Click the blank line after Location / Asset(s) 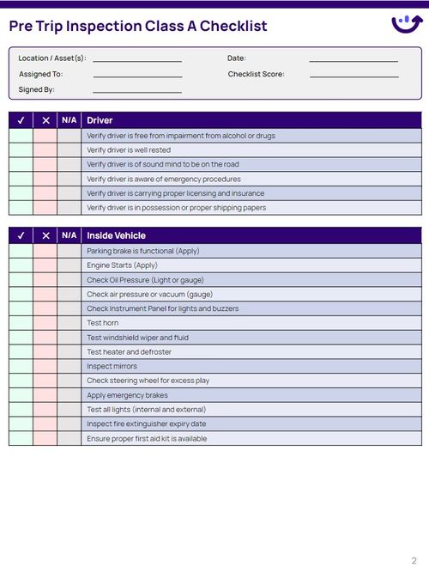pyautogui.click(x=137, y=60)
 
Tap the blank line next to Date pyautogui.click(x=353, y=60)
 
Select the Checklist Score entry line pyautogui.click(x=353, y=76)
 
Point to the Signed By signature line pyautogui.click(x=137, y=91)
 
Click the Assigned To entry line pyautogui.click(x=137, y=76)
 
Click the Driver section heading pyautogui.click(x=100, y=120)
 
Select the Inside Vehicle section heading pyautogui.click(x=116, y=235)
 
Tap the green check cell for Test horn pyautogui.click(x=21, y=323)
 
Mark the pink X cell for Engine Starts pyautogui.click(x=45, y=265)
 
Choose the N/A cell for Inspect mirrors pyautogui.click(x=69, y=366)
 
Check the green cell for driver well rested pyautogui.click(x=21, y=150)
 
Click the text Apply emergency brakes pyautogui.click(x=127, y=395)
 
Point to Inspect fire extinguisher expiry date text pyautogui.click(x=146, y=424)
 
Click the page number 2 pyautogui.click(x=414, y=560)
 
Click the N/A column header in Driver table pyautogui.click(x=69, y=120)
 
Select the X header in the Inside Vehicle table pyautogui.click(x=45, y=235)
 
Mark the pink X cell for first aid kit pyautogui.click(x=45, y=438)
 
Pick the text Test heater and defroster pyautogui.click(x=129, y=351)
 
